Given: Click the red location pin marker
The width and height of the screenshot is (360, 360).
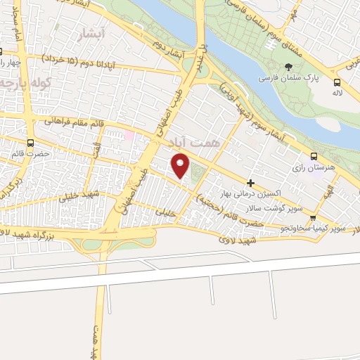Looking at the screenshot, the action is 181,166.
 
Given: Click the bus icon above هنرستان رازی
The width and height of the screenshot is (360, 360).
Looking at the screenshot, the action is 313,157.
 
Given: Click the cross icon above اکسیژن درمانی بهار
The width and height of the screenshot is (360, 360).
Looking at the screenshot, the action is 250,183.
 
